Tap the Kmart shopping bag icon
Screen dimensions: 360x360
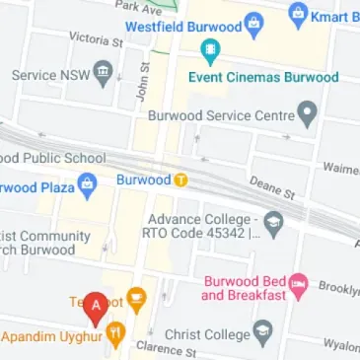pos(298,15)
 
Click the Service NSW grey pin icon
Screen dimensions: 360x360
pos(103,75)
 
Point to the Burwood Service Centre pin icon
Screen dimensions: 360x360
pos(308,115)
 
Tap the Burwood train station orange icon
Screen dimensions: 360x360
pos(180,180)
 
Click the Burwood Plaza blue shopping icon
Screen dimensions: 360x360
pos(87,183)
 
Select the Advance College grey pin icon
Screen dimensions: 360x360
pos(273,228)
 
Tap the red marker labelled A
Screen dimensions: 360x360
pos(96,308)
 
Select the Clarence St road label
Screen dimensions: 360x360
pos(168,350)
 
